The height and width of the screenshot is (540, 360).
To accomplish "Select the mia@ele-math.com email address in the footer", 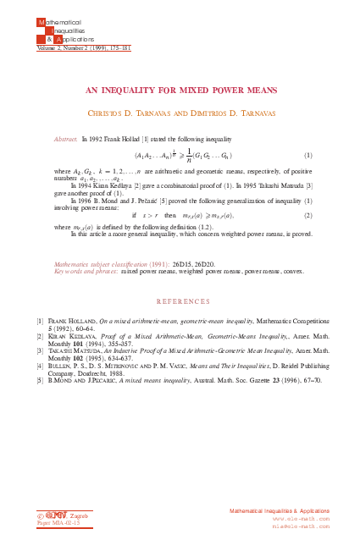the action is [x=301, y=526].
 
